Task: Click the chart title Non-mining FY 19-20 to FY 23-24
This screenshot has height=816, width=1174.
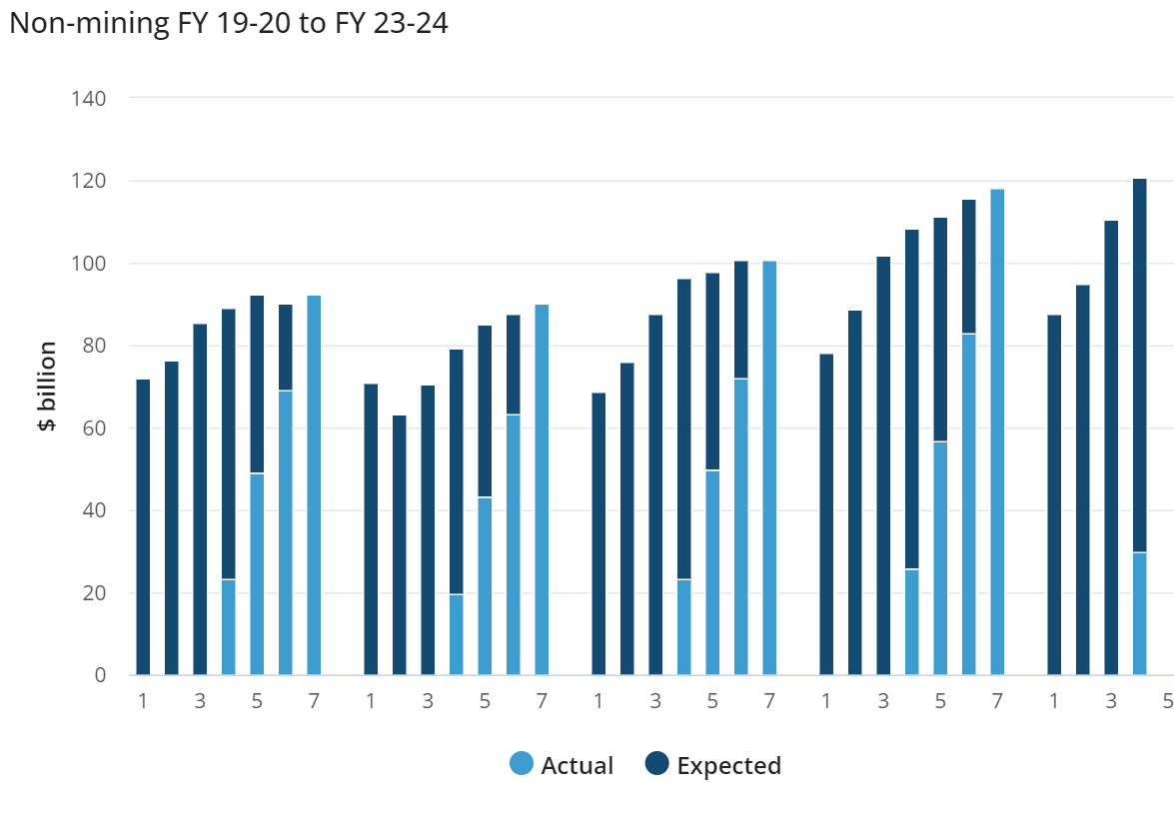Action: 228,24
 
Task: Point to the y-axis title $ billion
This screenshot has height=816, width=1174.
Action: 47,386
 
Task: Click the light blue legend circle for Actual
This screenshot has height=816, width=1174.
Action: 522,766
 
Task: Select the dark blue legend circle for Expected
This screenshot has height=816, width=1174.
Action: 656,766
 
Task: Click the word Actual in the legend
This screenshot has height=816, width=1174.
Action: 577,766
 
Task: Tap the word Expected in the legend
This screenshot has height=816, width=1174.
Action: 728,766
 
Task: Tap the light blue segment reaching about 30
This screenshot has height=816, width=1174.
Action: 1140,613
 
